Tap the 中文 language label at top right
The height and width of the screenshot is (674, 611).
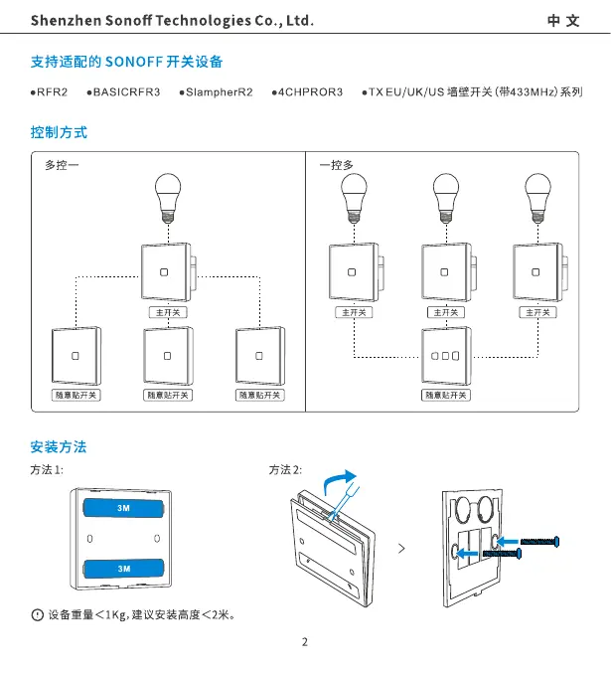563,20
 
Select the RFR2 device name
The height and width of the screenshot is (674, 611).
51,91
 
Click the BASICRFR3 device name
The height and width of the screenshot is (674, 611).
126,91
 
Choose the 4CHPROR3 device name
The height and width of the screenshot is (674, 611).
310,91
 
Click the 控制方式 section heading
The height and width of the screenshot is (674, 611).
59,131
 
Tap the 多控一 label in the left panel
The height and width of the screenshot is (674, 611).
61,165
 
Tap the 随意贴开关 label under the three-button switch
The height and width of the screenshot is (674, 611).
446,395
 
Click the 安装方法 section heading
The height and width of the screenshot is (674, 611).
59,446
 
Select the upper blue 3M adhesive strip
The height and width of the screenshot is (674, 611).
124,509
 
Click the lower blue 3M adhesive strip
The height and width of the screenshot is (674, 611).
124,568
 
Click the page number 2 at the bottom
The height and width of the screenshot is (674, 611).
305,642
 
